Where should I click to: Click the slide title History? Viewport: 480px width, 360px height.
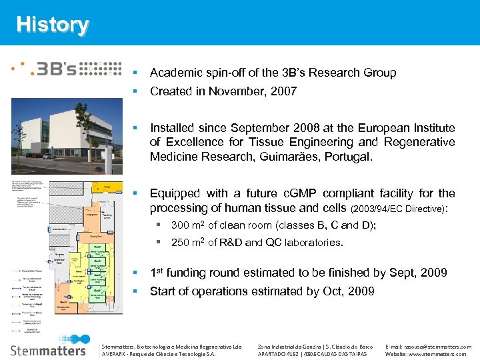(52, 25)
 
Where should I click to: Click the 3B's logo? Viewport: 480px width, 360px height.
(67, 69)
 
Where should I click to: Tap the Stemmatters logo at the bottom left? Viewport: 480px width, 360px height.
(48, 349)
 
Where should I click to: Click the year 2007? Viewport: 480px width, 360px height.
(283, 91)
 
